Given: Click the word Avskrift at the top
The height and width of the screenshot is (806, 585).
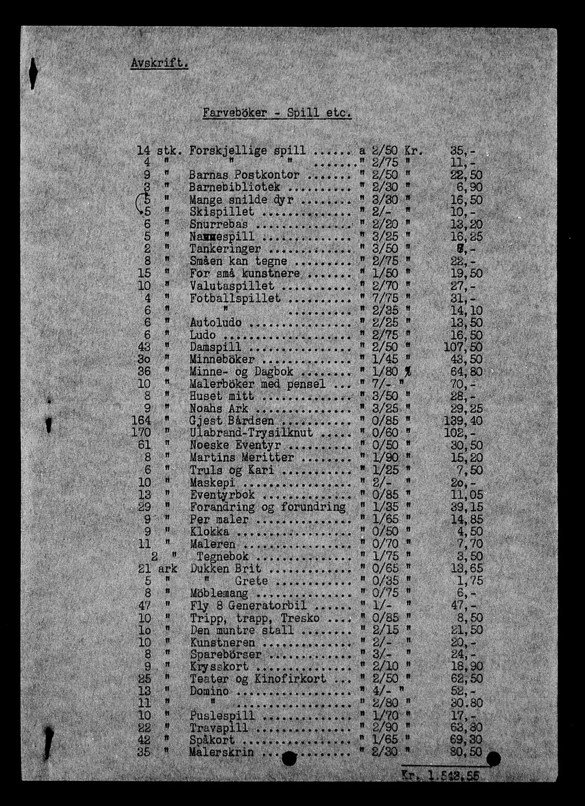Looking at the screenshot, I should click(159, 63).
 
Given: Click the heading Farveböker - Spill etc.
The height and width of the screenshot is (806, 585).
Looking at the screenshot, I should click(276, 113).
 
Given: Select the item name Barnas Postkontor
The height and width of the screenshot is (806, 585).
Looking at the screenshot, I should click(244, 175).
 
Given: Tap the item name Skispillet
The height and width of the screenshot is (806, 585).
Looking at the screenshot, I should click(222, 212).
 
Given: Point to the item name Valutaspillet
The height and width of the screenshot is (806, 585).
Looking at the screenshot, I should click(232, 286).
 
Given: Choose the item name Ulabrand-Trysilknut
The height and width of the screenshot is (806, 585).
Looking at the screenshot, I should click(251, 433).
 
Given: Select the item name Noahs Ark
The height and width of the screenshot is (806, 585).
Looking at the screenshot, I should click(219, 409).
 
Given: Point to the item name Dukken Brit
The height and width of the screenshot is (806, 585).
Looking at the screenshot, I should click(225, 569).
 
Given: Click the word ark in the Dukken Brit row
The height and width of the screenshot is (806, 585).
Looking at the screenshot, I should click(168, 569).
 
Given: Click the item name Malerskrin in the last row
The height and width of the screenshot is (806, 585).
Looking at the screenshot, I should click(222, 752).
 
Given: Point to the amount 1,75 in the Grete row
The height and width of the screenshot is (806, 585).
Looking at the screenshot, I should click(470, 581).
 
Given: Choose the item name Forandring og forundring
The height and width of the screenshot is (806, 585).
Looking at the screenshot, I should click(267, 507).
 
